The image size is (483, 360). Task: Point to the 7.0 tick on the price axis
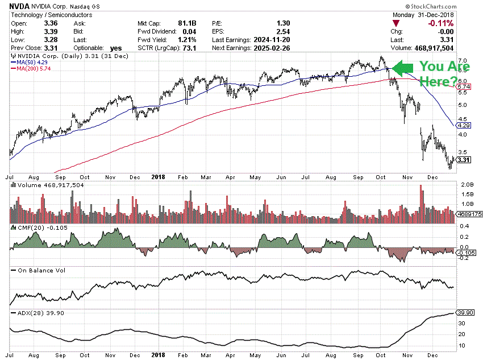463,60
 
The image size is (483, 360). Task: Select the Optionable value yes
116,48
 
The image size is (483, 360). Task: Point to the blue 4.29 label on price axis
465,125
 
